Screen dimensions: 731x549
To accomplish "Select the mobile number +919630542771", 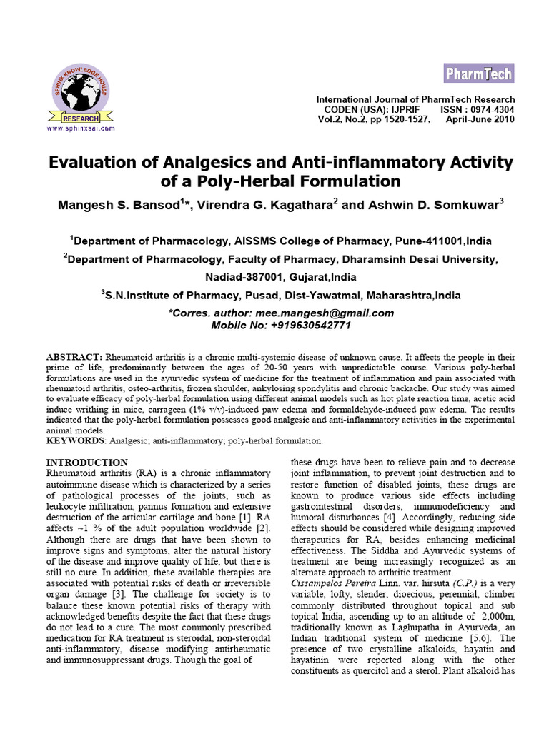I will click(x=311, y=325).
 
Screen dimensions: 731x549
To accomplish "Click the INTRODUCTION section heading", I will click(x=87, y=463).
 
